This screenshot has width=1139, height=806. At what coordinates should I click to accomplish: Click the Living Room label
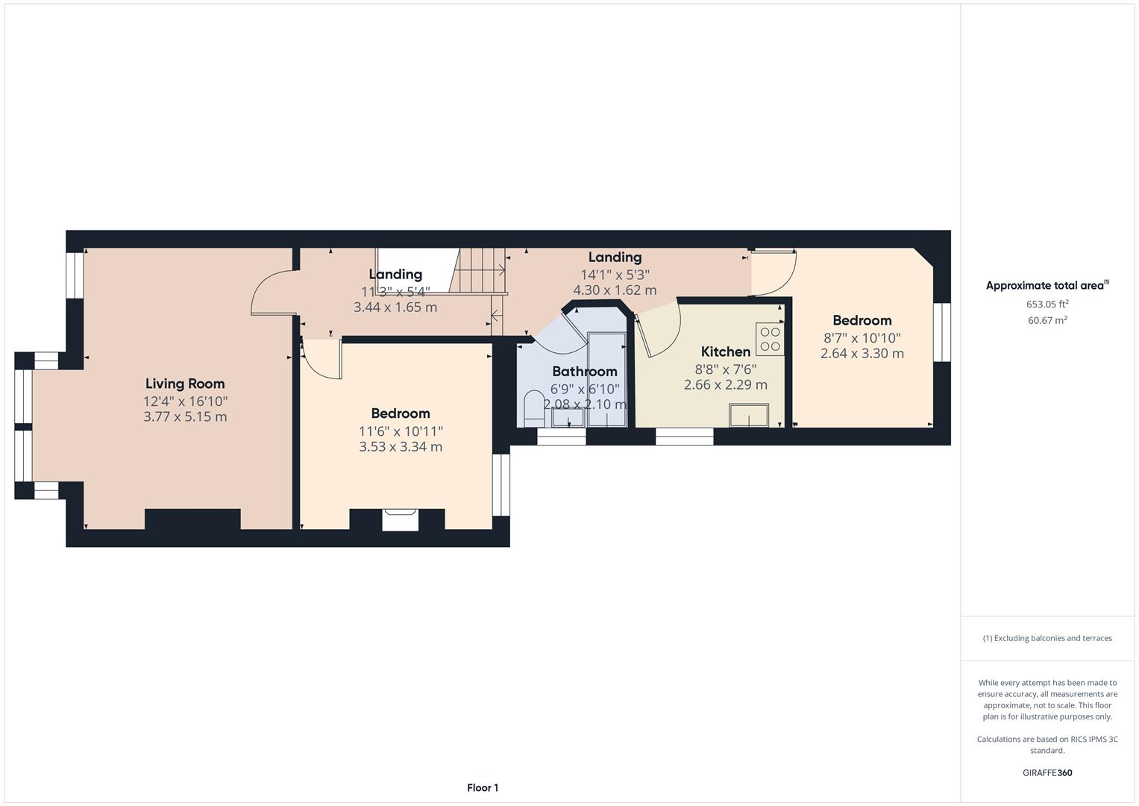coord(185,384)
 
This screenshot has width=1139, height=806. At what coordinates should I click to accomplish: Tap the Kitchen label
coord(725,352)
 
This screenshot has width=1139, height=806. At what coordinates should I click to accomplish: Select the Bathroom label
coord(584,371)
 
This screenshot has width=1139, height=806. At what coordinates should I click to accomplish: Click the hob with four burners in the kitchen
coord(770,340)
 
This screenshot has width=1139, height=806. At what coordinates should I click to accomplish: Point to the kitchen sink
coord(749,415)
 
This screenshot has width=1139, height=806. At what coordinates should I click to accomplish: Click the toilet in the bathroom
coord(534,407)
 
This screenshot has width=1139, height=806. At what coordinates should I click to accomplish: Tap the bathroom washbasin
coord(568,417)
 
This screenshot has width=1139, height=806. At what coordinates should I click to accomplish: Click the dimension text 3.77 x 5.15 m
coord(185,416)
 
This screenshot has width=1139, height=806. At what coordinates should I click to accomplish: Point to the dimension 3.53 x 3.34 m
coord(401,447)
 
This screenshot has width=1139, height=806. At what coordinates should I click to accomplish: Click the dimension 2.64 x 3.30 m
coord(862,354)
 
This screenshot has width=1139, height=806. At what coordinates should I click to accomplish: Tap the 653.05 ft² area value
coord(1047,304)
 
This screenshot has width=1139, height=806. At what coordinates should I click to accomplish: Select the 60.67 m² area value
coord(1047,320)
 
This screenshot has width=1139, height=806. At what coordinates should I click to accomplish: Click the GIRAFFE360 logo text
coord(1047,772)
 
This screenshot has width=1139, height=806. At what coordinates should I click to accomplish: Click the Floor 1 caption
coord(483,787)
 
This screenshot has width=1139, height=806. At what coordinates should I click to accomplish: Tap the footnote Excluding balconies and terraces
coord(1047,638)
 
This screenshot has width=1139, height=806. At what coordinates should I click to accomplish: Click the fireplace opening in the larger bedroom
coord(401,519)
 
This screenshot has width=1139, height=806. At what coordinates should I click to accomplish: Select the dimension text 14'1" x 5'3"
coord(615,274)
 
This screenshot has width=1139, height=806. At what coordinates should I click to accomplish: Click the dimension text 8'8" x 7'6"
coord(725,369)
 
